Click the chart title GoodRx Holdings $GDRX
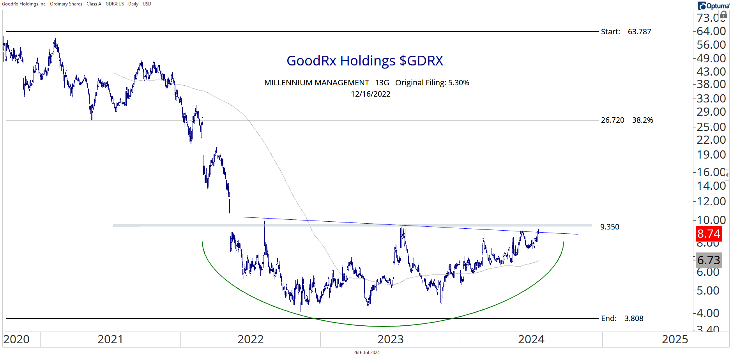pos(365,61)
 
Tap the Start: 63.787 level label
pos(626,32)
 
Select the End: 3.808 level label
pos(622,318)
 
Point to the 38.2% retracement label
pos(642,120)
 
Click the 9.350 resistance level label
pos(610,227)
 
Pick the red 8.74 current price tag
pos(709,234)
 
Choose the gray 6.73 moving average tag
pos(709,260)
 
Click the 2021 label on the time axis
pos(110,339)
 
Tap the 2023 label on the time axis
pos(391,339)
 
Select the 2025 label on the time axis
pos(675,339)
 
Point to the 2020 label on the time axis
pos(16,339)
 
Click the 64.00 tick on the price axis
pos(711,31)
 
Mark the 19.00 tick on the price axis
pos(711,155)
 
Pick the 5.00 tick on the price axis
pos(708,291)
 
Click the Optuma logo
pos(713,6)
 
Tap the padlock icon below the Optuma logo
pos(724,15)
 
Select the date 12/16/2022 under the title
pos(370,94)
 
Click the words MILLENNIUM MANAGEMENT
pos(316,83)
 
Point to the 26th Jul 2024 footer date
pos(366,353)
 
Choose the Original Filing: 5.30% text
pos(432,83)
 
